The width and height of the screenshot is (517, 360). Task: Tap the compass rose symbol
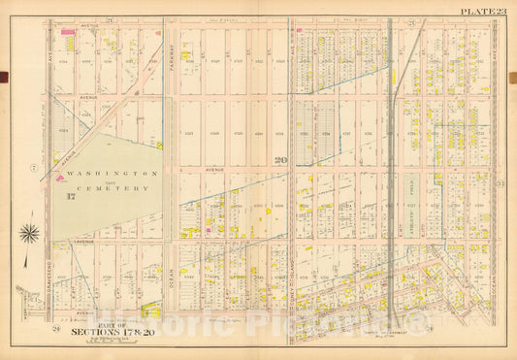click(30, 233)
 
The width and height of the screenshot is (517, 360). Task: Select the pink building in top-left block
click(69, 32)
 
